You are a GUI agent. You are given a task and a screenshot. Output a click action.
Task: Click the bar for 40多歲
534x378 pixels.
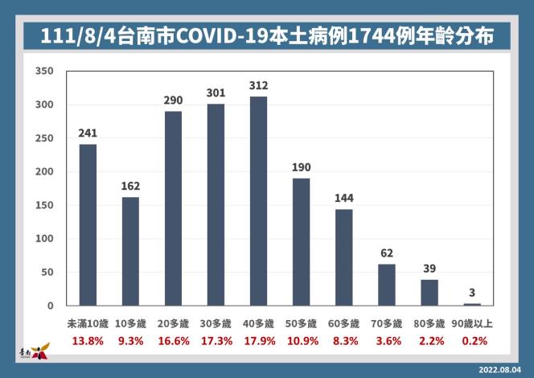tap(258, 201)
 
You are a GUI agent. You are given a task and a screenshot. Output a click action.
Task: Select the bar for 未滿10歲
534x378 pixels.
tap(88, 225)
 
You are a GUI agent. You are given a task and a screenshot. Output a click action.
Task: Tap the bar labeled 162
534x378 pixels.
tap(130, 251)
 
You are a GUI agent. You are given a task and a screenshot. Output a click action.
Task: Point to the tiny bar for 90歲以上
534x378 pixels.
tap(471, 304)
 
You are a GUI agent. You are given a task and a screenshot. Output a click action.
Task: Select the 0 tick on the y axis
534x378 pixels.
tap(50, 306)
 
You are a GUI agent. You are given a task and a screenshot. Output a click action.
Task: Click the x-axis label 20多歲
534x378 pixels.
tap(173, 323)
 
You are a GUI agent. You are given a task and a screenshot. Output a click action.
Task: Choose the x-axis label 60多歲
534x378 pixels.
tap(343, 323)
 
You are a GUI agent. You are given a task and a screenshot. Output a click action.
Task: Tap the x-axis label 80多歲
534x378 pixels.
tap(429, 323)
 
